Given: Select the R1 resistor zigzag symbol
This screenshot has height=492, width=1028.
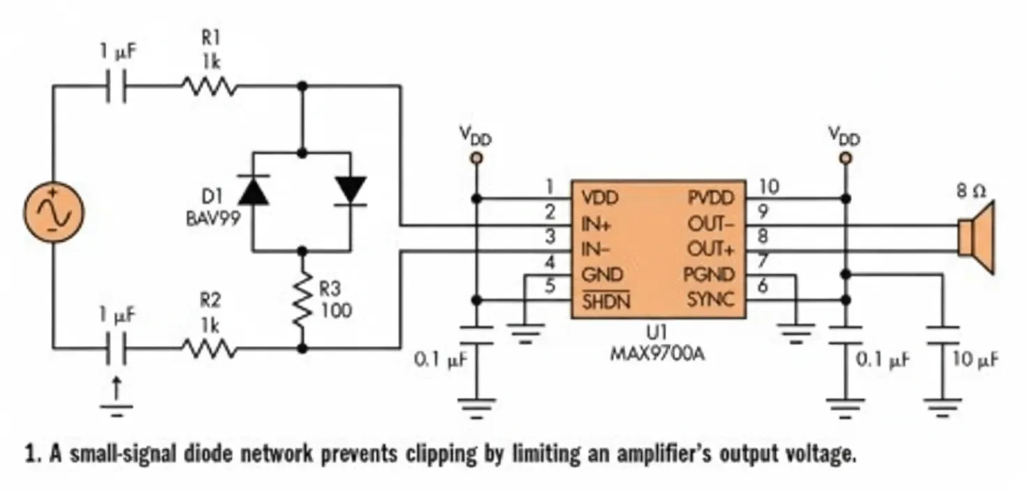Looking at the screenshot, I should (209, 87).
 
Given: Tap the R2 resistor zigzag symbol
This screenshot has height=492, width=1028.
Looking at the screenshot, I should (209, 347).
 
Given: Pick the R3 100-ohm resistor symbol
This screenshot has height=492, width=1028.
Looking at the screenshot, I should (302, 298).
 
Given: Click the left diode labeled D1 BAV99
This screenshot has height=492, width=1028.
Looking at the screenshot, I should (253, 190).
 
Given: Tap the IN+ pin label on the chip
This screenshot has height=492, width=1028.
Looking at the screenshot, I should (598, 225).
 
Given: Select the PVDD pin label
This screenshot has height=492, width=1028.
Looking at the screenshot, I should (711, 198).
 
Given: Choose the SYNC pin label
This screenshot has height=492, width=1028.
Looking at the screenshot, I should (710, 301).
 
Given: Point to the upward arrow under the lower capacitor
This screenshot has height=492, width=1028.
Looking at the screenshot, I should (117, 388).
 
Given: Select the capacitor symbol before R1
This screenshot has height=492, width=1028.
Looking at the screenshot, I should (117, 87).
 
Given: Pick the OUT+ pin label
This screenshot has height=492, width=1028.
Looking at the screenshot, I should (712, 249).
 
